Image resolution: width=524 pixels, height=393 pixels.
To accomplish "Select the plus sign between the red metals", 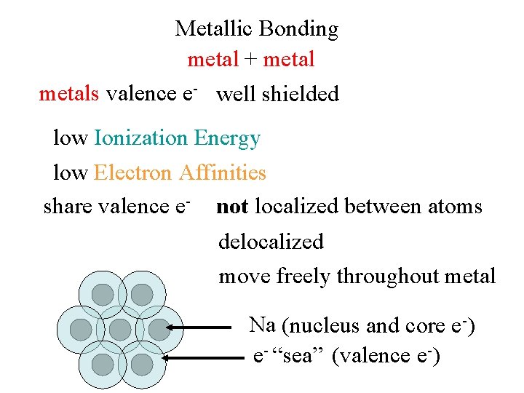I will click(250, 59).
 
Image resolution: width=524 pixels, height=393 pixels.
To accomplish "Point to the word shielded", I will click(301, 94).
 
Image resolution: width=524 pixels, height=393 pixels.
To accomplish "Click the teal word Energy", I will click(226, 138).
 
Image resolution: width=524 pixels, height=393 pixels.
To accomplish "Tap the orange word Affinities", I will click(222, 172).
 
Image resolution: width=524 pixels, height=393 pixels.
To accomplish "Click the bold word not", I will click(232, 207).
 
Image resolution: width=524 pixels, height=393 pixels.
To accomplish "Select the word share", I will click(68, 207).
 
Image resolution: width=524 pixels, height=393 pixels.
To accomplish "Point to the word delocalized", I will click(271, 242).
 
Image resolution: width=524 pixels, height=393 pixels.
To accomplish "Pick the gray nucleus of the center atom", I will click(120, 329).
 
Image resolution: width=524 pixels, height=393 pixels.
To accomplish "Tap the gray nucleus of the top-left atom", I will click(103, 295).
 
